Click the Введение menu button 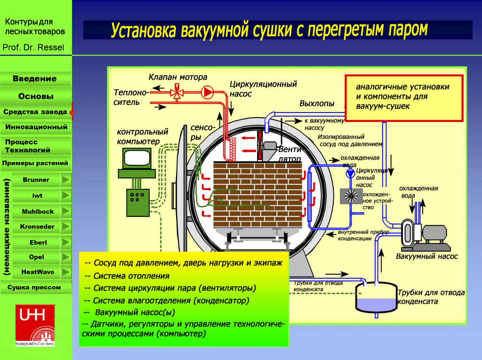pos(35,79)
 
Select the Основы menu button pos(35,96)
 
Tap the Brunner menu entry pos(36,180)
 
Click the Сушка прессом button pos(35,287)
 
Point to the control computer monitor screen pos(136,158)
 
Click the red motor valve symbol pos(177,92)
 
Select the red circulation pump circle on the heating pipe pos(207,92)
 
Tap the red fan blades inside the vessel pos(259,144)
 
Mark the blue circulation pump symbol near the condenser pos(351,173)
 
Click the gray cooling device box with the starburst pos(350,197)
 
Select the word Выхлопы pos(317,104)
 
